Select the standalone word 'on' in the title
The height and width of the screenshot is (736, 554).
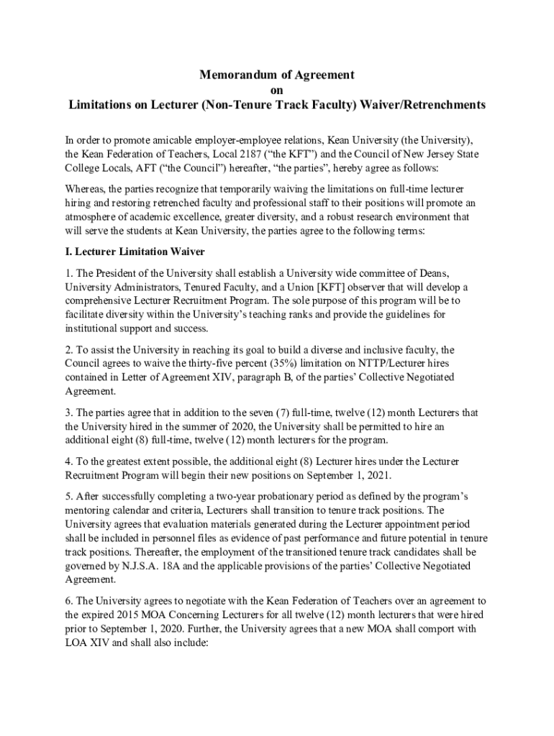(x=276, y=90)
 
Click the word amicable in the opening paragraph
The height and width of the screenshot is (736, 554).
(x=192, y=140)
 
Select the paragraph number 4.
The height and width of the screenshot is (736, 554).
(x=68, y=461)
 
